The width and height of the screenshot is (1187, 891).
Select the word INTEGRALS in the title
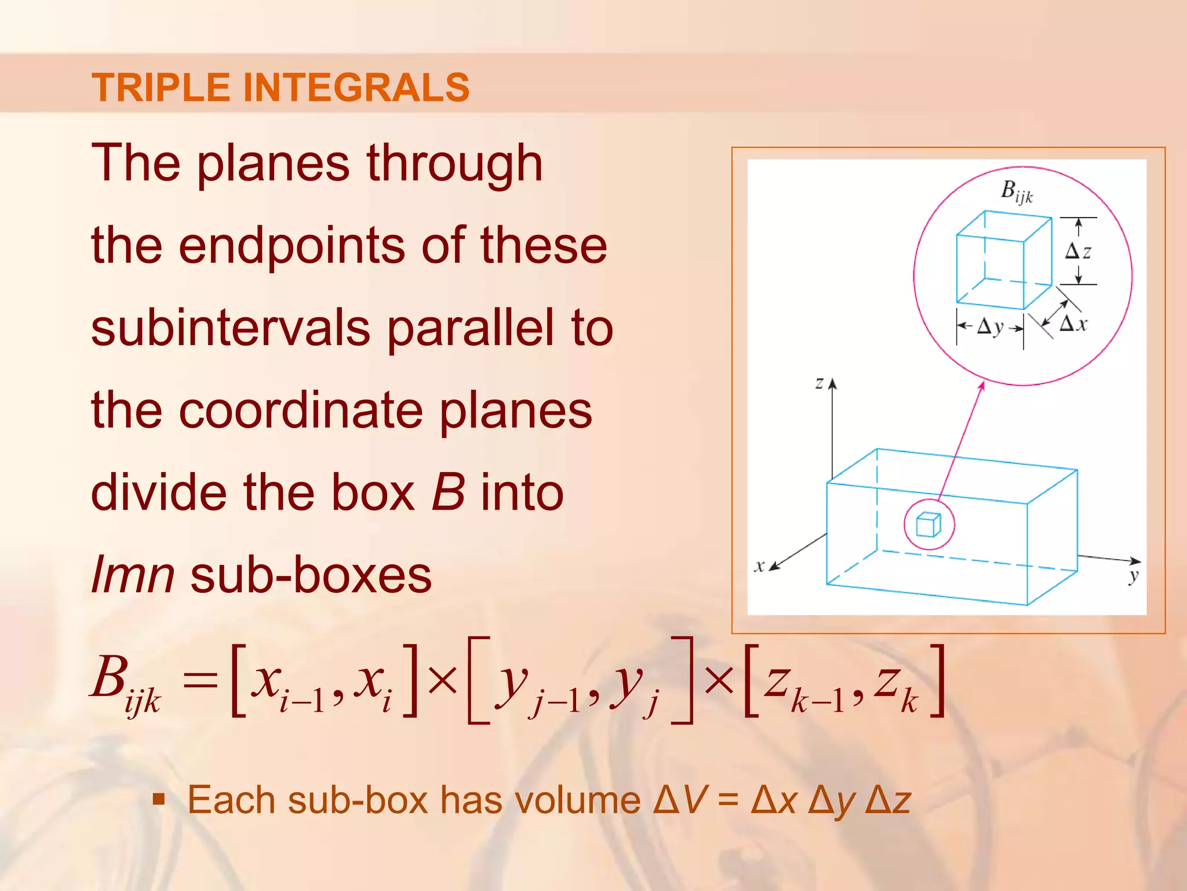(x=355, y=88)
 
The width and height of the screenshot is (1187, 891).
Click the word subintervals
(x=230, y=328)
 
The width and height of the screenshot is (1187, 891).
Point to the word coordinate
(x=300, y=411)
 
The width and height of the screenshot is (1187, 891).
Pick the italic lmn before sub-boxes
(x=133, y=575)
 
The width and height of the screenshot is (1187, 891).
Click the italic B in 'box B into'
(x=448, y=492)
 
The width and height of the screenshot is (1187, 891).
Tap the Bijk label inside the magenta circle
(x=1016, y=191)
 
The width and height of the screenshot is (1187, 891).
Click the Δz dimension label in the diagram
(x=1077, y=251)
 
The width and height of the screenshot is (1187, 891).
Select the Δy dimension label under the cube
(x=990, y=327)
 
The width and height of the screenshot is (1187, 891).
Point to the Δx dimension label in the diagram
(x=1073, y=324)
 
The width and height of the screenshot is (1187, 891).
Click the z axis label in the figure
(x=819, y=383)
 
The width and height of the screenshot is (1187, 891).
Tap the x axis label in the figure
(x=759, y=566)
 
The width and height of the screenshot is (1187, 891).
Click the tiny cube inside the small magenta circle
(x=928, y=524)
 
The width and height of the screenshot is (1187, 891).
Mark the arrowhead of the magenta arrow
(x=982, y=386)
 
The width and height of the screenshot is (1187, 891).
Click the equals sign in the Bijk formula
(x=200, y=680)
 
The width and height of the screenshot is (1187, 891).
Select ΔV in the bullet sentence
(x=680, y=801)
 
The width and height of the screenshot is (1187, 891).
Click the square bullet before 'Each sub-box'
(x=158, y=801)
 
